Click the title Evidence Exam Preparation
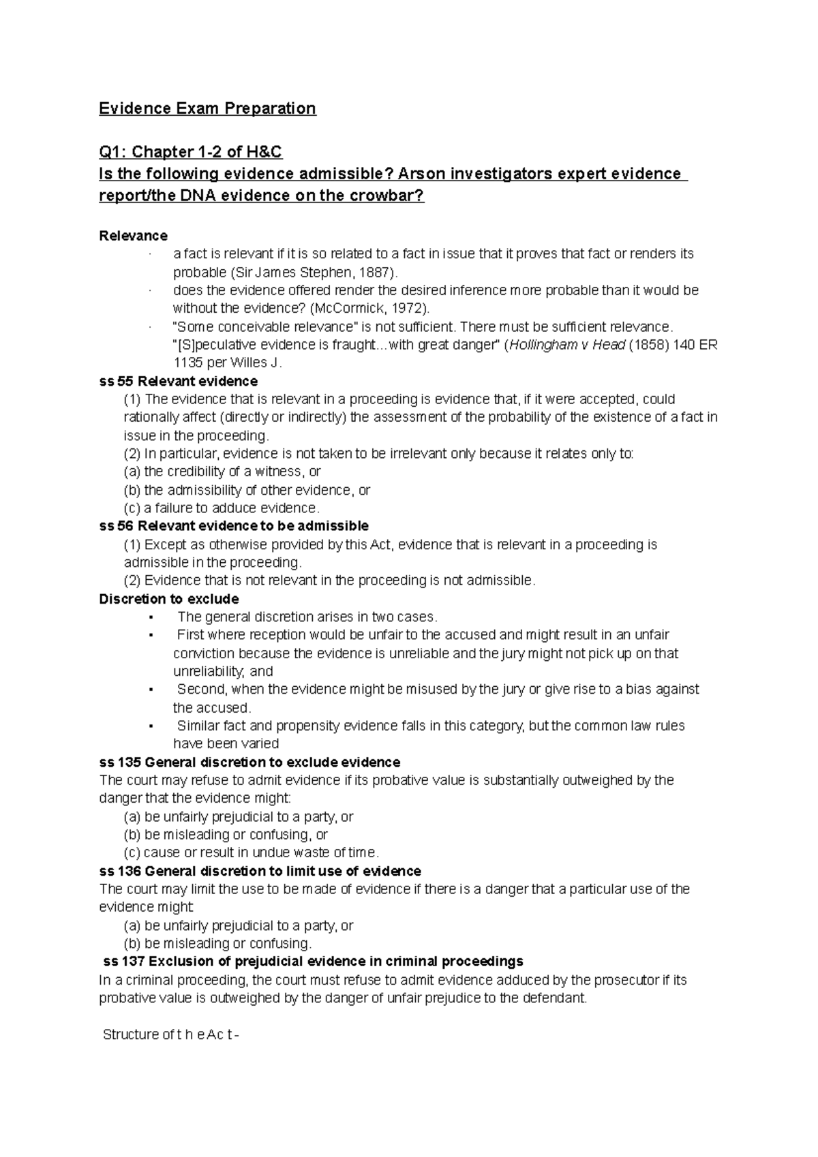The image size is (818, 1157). coord(207,108)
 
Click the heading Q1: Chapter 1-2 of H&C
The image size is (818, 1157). coord(190,151)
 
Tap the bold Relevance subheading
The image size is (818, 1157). coord(133,236)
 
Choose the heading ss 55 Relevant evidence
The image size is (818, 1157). coord(178,381)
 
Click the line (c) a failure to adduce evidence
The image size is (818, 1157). coord(221,508)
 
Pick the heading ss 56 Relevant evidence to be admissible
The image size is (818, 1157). coord(233,526)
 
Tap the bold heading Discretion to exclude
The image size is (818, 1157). coord(168,599)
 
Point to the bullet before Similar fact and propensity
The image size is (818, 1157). coord(149,726)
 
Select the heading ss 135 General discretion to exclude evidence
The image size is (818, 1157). coord(249,762)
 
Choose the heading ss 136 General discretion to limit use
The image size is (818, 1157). coord(259,871)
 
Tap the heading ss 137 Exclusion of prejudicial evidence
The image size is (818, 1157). coord(312,961)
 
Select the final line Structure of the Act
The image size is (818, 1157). coord(170,1034)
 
